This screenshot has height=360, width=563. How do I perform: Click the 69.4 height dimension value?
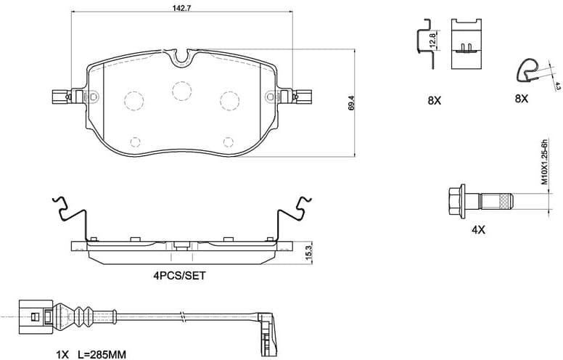(351, 102)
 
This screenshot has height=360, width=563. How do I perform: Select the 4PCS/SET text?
(179, 277)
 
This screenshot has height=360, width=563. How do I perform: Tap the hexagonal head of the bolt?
(456, 200)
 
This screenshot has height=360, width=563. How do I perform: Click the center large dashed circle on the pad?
(181, 89)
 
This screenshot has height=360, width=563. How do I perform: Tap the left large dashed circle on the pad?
(133, 99)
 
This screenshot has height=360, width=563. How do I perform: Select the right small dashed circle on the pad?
(229, 141)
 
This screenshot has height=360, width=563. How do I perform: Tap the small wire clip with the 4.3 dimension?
(528, 71)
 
